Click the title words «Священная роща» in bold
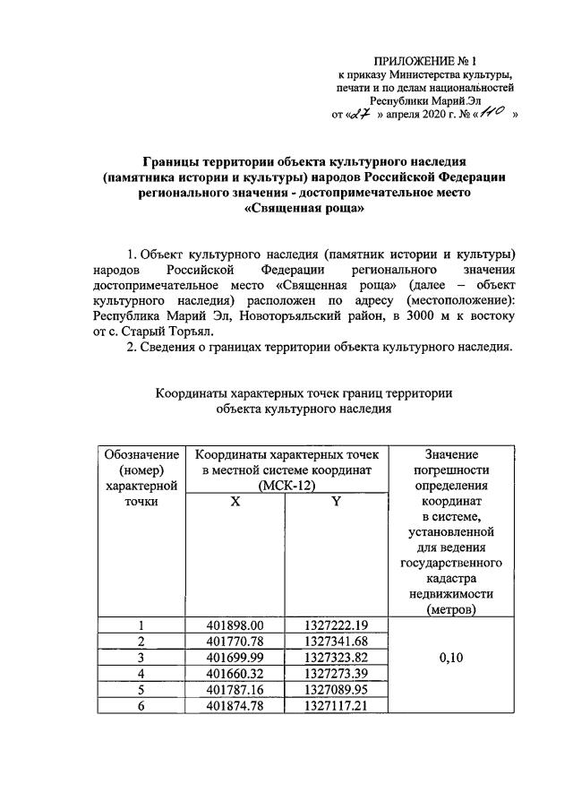point(304,207)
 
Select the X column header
point(235,503)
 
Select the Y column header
point(336,503)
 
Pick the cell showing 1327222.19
point(336,625)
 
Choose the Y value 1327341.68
point(336,642)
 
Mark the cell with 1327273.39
point(336,674)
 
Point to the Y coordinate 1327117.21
point(336,706)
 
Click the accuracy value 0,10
point(451,658)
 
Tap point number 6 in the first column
point(141,706)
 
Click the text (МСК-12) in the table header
point(286,486)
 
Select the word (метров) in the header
point(451,608)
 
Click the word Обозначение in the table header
point(141,454)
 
